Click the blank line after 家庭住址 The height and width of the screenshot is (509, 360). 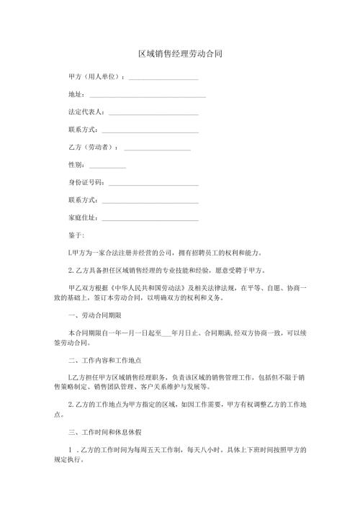click(x=150, y=217)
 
